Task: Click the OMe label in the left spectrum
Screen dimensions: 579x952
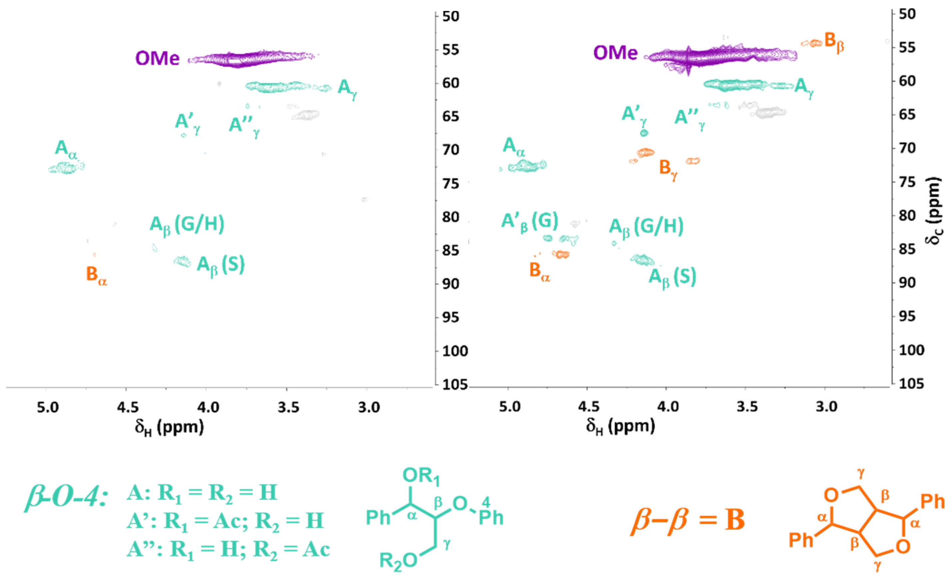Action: (157, 58)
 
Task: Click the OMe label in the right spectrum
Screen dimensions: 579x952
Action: (615, 53)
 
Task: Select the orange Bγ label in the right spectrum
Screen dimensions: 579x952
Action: (668, 169)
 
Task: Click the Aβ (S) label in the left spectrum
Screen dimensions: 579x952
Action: (221, 266)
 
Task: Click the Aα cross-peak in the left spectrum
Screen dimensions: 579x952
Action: (67, 168)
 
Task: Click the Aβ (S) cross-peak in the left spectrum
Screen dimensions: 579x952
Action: (182, 262)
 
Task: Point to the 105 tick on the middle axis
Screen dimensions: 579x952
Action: (455, 385)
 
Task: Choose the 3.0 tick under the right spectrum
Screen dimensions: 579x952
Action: (826, 407)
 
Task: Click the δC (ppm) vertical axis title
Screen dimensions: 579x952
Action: (934, 211)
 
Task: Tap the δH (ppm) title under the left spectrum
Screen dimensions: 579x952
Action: (169, 427)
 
